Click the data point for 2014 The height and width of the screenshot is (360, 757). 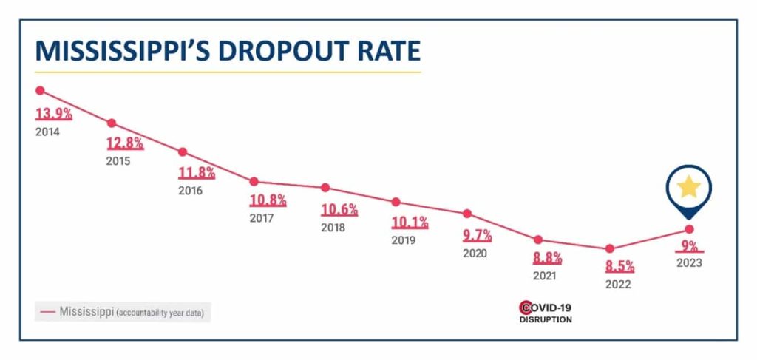tap(40, 90)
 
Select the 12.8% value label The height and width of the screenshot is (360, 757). tap(125, 143)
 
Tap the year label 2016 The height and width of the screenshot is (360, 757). tap(190, 190)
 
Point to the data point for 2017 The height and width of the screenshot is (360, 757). tap(254, 182)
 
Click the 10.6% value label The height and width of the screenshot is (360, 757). tap(339, 209)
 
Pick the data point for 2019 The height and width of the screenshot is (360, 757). tap(396, 202)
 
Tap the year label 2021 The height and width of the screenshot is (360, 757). tap(545, 276)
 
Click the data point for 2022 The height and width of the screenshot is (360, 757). tap(609, 249)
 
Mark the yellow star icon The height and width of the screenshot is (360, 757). tap(689, 187)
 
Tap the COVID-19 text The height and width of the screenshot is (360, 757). tap(551, 308)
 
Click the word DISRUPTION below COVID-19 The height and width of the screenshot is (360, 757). tap(545, 320)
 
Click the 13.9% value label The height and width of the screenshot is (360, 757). tap(54, 115)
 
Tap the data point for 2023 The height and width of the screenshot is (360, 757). tap(689, 229)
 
